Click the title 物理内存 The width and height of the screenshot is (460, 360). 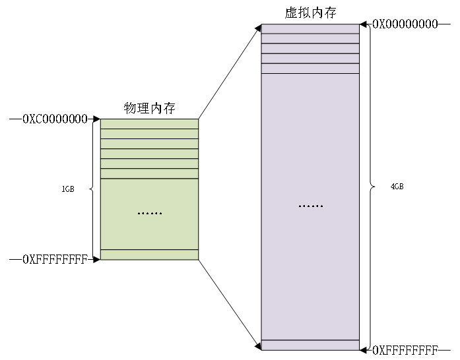point(150,108)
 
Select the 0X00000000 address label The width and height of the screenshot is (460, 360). point(405,24)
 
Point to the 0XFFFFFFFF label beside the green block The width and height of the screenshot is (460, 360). point(55,260)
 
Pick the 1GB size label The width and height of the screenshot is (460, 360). point(67,189)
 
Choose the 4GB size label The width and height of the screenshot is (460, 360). point(397,187)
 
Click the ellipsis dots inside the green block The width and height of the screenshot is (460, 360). point(149,214)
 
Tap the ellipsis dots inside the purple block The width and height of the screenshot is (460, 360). point(310,206)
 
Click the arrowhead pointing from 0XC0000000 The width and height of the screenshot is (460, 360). point(96,119)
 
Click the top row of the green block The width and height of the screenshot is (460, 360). point(149,124)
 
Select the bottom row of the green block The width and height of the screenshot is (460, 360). point(149,255)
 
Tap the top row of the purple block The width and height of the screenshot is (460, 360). point(310,29)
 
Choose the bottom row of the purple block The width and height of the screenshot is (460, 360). point(310,345)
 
